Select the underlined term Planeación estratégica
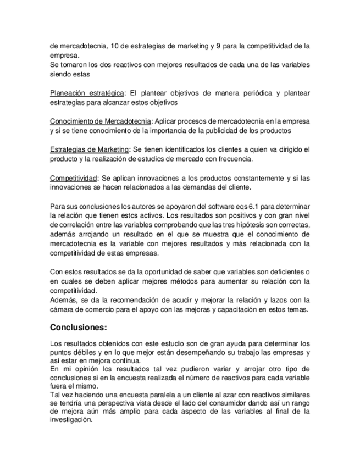(x=86, y=92)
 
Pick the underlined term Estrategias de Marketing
(x=89, y=149)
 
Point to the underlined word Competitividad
(x=74, y=178)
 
